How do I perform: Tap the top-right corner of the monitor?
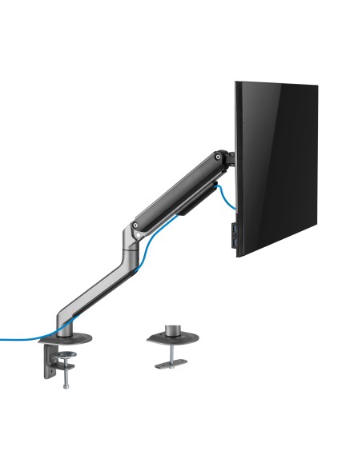point(318,85)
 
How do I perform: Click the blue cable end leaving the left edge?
point(4,338)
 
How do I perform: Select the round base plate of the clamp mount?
point(65,334)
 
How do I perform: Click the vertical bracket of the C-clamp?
point(44,364)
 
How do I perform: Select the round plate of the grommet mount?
point(171,339)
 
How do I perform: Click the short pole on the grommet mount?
point(171,330)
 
